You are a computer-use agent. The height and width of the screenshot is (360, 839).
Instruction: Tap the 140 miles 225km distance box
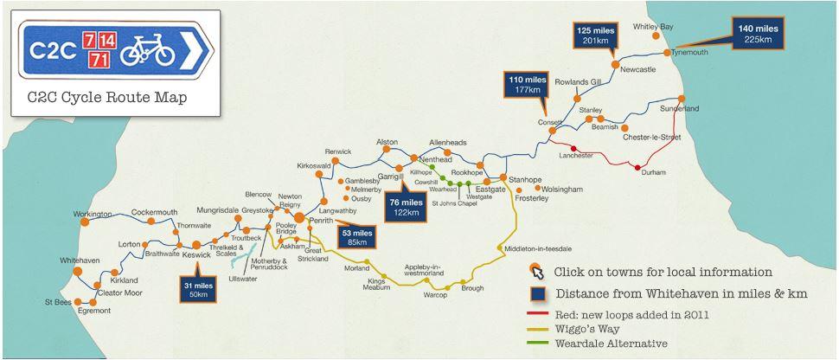758,34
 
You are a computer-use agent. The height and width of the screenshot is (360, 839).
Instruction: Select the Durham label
654,172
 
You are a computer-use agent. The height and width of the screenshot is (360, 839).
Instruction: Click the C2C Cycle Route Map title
107,97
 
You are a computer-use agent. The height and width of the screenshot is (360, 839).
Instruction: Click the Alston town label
387,142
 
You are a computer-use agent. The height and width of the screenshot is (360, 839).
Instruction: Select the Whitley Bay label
653,27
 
